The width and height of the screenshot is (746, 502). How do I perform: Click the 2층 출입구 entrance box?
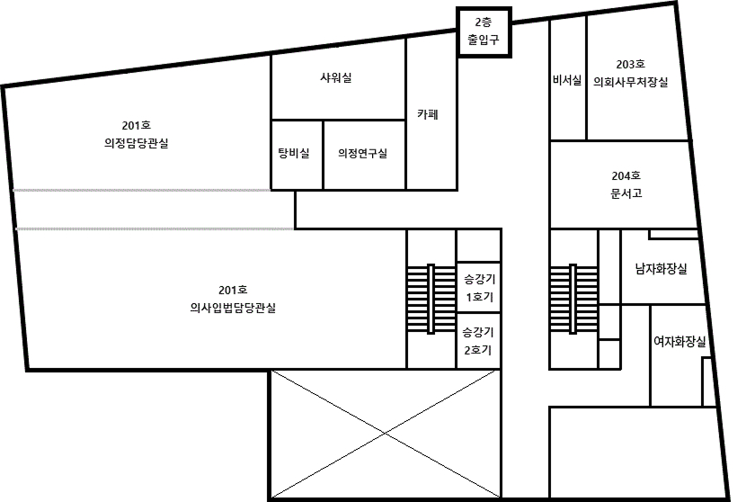point(484,32)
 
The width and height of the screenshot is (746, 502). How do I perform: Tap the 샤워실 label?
point(336,77)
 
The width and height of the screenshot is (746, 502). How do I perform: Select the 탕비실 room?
point(297,155)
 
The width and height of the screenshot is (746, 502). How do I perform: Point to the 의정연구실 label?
point(362,153)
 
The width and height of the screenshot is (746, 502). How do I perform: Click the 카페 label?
point(428,114)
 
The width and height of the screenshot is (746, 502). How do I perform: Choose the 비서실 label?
point(567,80)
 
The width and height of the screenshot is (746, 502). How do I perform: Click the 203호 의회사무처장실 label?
point(630,73)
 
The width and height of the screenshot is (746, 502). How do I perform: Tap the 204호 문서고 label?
point(626,184)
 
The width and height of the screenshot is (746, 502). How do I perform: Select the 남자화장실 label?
point(662,269)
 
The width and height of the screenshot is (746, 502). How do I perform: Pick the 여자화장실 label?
point(679,341)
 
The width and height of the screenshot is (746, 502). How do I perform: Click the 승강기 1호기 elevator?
point(479,288)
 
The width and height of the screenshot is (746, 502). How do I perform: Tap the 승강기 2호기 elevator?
point(479,341)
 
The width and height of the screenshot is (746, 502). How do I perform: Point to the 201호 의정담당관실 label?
point(137,134)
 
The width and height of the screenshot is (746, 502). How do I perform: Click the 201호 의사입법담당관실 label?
point(233,299)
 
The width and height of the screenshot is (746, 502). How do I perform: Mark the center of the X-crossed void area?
point(385,434)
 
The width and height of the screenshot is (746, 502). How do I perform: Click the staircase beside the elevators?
point(431,299)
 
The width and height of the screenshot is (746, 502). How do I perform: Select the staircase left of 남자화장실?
point(573,299)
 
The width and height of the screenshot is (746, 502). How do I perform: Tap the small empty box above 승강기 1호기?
point(479,246)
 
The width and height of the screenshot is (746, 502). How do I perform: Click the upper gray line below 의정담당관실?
point(142,191)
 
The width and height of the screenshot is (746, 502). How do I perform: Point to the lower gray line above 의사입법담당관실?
point(155,229)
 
